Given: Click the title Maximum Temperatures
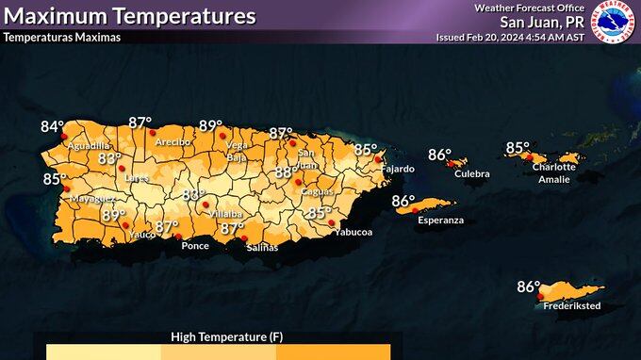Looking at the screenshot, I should [130, 16].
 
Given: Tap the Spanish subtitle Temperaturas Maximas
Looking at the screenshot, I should [61, 38].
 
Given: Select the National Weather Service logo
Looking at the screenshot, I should [613, 21].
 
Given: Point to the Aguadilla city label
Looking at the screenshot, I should [89, 146].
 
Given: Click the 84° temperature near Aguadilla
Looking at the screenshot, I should [52, 126].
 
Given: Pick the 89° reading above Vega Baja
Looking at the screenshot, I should [210, 125].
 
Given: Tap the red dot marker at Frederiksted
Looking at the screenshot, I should [540, 299].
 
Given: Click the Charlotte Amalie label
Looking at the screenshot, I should [553, 172].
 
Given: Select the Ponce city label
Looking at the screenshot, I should [195, 245].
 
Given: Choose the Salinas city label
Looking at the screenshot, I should [262, 247].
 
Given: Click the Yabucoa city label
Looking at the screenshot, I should [353, 232].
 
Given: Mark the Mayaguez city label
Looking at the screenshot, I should [91, 199].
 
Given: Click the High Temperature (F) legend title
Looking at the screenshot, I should [226, 336].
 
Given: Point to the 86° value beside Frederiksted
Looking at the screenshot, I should [528, 286].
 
